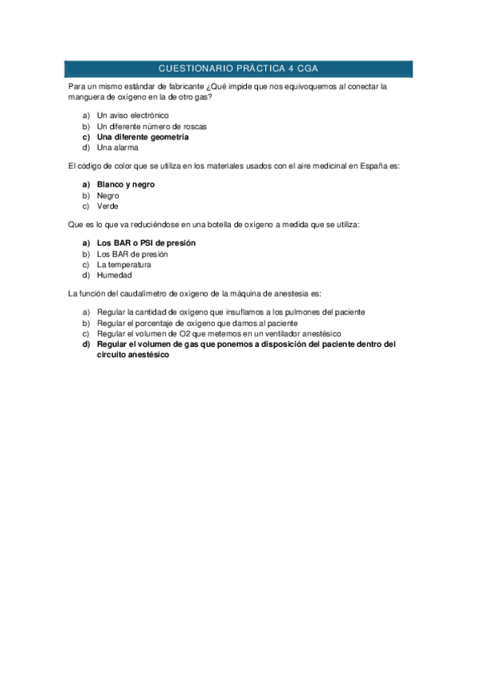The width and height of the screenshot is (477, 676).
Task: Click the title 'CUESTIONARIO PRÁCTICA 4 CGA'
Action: (238, 69)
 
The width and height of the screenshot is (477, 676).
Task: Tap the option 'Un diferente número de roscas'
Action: (151, 127)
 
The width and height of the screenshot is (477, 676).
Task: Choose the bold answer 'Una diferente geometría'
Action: (143, 137)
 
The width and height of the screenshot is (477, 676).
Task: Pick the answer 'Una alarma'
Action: (118, 147)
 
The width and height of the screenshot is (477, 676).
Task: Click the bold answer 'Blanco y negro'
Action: (126, 184)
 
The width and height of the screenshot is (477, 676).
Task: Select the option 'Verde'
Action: (108, 206)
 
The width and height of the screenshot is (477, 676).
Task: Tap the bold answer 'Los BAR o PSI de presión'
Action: (146, 242)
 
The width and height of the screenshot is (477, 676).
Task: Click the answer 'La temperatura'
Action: (123, 264)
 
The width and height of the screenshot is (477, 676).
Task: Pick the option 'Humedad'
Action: (115, 275)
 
